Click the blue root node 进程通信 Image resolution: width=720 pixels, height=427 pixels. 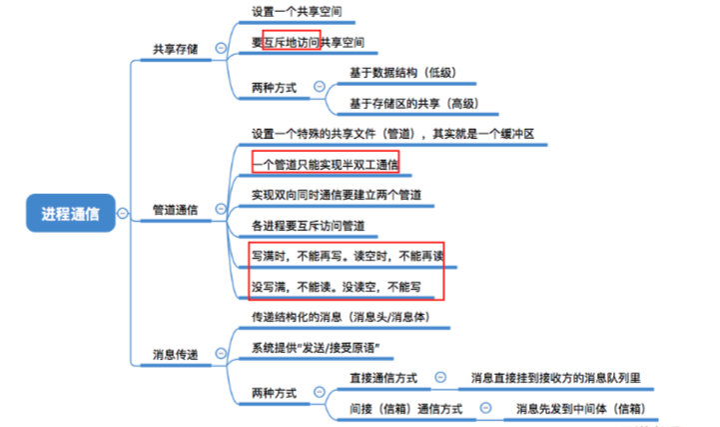pos(71,213)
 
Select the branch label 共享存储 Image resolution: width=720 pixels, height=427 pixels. pos(175,49)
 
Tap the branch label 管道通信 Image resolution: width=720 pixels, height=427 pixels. pos(175,210)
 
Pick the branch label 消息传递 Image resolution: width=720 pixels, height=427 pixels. pos(175,354)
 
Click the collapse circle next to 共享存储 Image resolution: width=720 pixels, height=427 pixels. pos(221,48)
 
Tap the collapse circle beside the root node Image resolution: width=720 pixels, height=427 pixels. pos(123,213)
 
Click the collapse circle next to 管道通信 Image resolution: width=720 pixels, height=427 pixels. pos(221,209)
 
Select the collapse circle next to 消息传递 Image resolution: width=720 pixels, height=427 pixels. pos(221,353)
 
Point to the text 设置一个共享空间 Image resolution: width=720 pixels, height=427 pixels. pos(297,11)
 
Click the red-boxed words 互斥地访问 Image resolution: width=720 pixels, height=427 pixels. pos(292,42)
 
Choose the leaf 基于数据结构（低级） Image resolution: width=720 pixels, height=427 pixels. pos(402,73)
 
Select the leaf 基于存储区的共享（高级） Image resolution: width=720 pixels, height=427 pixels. pos(414,103)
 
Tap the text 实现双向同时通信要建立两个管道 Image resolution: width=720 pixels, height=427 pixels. pos(337,195)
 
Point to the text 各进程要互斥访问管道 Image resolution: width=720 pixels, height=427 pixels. pos(309,226)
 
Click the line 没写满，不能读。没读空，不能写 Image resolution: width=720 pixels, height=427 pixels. pos(337,287)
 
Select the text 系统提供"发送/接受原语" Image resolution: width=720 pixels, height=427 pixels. pos(316,348)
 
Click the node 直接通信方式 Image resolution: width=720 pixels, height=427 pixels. pos(383,378)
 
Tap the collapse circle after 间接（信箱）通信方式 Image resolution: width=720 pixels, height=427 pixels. pos(485,408)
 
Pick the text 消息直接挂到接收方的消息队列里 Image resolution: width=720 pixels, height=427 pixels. pos(555,378)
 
